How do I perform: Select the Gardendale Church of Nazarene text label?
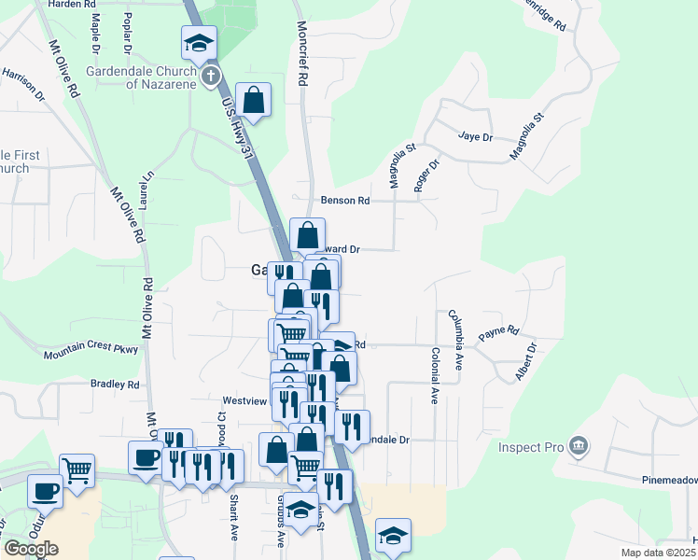coord(142,77)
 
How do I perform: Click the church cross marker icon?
coord(211,77)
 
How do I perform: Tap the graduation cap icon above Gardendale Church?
coord(197,43)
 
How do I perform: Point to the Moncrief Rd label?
coord(302,54)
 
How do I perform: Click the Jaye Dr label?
coord(475,136)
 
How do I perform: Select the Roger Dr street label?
coord(426,175)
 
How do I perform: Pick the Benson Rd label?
coord(345,201)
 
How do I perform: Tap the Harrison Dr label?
coord(23,83)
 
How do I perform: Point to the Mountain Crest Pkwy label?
coord(91,350)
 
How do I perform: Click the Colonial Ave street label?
coord(435,376)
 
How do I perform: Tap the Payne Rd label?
coord(498,332)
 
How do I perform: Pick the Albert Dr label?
coord(525,362)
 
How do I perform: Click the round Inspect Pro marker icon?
coord(579,446)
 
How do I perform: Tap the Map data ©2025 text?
coord(658,553)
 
